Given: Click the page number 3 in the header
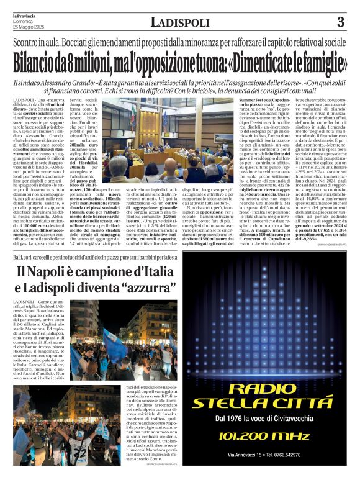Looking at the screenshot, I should pyautogui.click(x=340, y=23).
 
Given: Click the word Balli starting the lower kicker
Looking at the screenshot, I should pyautogui.click(x=19, y=256).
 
